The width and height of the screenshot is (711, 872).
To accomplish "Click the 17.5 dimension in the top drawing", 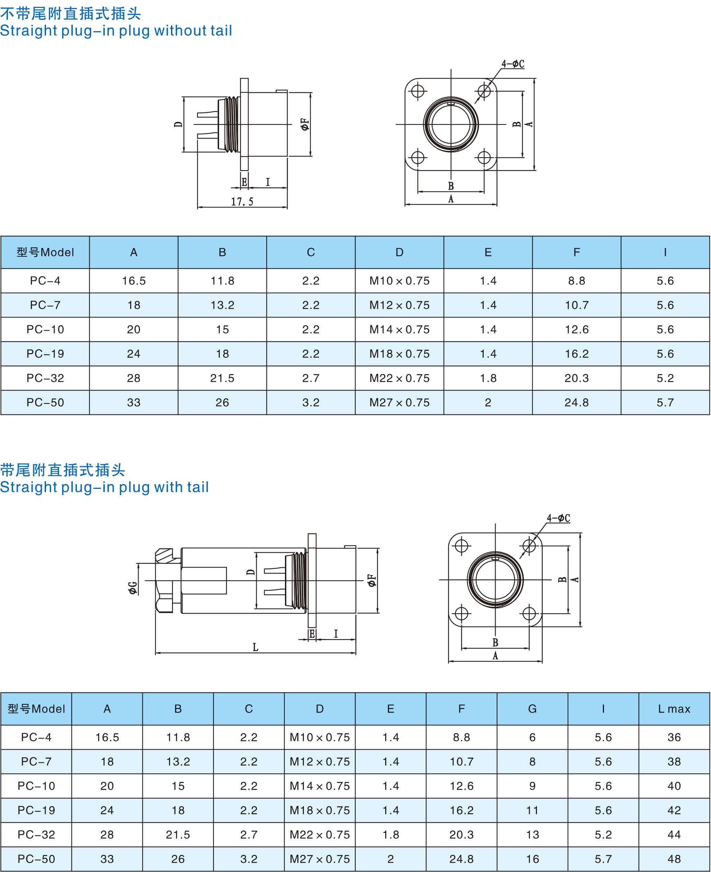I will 242,202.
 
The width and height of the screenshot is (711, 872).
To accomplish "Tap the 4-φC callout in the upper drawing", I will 513,64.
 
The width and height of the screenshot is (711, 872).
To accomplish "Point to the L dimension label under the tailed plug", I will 255,647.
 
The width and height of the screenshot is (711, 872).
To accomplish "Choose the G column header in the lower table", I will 532,709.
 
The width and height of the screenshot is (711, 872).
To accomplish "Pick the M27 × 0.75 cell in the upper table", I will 399,402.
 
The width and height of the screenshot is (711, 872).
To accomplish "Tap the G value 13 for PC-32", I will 532,835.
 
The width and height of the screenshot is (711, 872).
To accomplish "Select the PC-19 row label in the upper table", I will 45,354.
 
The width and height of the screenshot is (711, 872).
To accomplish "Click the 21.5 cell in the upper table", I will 222,378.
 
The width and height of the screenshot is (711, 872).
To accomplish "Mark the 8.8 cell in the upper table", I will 576,281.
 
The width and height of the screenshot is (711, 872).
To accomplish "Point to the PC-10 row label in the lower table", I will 36,786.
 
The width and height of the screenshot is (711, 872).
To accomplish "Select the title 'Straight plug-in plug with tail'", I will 104,487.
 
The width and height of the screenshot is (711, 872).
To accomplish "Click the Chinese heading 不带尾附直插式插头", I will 70,14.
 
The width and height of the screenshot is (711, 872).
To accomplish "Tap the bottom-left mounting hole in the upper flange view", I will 418,157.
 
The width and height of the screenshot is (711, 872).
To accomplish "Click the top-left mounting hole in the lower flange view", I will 461,546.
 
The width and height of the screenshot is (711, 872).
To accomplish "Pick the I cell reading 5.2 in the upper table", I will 665,378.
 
